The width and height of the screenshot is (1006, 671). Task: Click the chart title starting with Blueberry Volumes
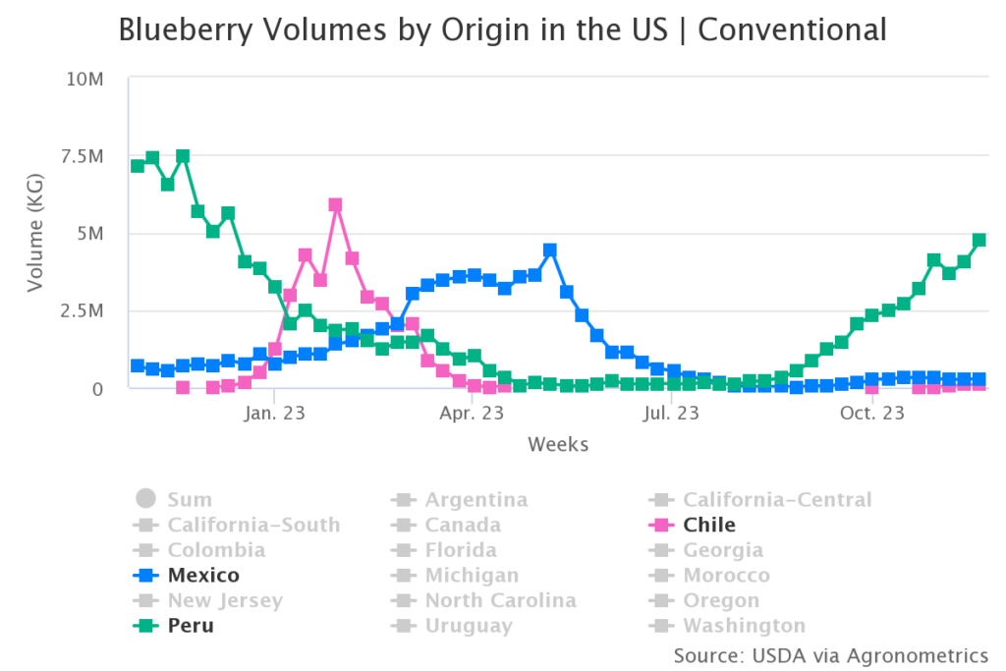point(502,30)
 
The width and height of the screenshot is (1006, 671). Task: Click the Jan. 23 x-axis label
point(275,414)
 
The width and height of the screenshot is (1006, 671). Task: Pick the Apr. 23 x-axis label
point(473,414)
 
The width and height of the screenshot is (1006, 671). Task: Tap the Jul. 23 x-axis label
point(671,414)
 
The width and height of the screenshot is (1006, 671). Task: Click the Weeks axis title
point(558,445)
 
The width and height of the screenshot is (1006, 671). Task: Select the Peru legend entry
point(191,626)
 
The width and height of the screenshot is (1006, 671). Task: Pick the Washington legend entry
point(744,626)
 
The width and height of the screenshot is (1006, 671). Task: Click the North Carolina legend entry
point(500,600)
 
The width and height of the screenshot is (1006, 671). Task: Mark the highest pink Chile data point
point(336,205)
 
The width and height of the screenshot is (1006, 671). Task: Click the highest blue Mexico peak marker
point(550,251)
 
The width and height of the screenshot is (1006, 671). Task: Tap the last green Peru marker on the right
point(979,240)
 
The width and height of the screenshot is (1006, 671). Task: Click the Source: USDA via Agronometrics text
point(830,655)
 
